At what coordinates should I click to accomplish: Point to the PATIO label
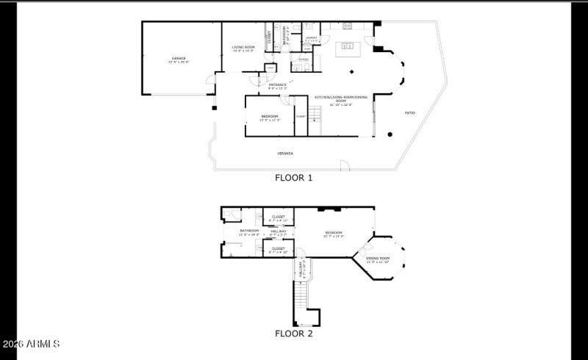coord(410,112)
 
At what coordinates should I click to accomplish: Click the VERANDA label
coord(285,154)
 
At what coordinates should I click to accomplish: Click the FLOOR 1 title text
coord(294,178)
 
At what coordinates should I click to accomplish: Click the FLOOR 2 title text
coord(294,334)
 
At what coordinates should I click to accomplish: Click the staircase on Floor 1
coord(315,113)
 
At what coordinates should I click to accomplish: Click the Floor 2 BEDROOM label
coord(334,234)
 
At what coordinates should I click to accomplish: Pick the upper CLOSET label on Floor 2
coord(279,217)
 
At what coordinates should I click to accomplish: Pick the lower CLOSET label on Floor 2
coord(279,249)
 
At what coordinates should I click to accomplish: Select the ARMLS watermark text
coord(31,344)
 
